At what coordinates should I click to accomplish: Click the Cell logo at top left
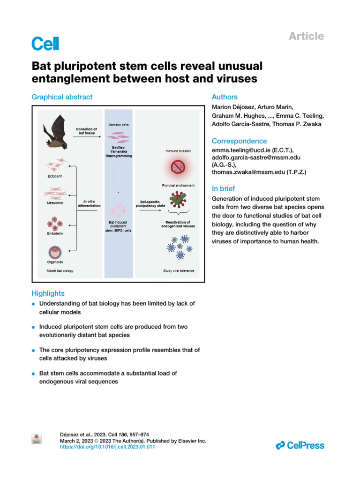[x=45, y=44]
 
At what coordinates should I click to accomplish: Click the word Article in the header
[x=306, y=36]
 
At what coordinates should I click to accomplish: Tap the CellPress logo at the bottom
[x=300, y=445]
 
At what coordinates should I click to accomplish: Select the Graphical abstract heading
[x=62, y=97]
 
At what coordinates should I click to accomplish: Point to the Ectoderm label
[x=54, y=176]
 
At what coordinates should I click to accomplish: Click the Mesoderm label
[x=54, y=204]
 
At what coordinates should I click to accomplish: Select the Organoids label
[x=54, y=262]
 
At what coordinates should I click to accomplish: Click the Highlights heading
[x=48, y=293]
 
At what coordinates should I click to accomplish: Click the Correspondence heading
[x=239, y=141]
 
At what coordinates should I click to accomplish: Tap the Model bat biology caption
[x=60, y=271]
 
